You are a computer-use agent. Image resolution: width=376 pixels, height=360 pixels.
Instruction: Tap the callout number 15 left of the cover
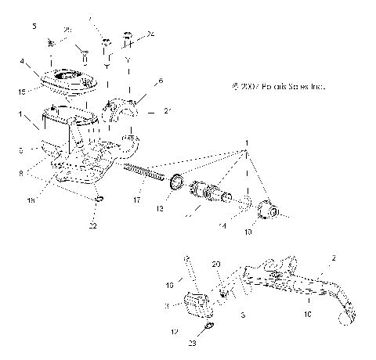pyautogui.click(x=23, y=92)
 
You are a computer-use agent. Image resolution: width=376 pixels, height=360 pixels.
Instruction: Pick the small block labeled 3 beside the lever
pyautogui.click(x=197, y=301)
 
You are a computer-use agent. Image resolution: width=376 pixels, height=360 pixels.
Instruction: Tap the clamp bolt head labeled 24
pyautogui.click(x=127, y=36)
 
